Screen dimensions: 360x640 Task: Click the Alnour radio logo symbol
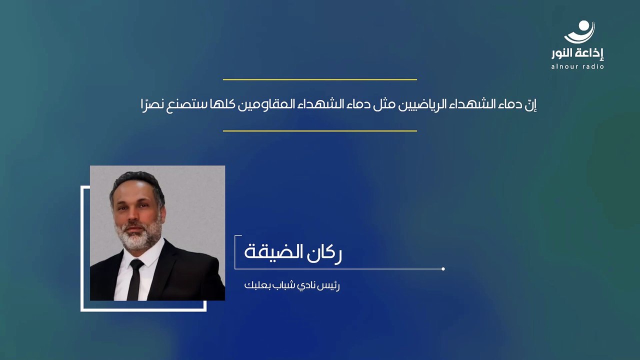pos(579,32)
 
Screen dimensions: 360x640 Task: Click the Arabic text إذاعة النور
pos(577,53)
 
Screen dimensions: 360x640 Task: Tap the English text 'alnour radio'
pos(577,66)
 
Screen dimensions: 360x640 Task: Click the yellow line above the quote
pos(319,79)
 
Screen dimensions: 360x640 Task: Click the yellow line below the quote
pos(319,131)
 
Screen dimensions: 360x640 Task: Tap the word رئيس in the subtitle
pos(329,286)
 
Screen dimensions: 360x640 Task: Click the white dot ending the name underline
pos(443,269)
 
